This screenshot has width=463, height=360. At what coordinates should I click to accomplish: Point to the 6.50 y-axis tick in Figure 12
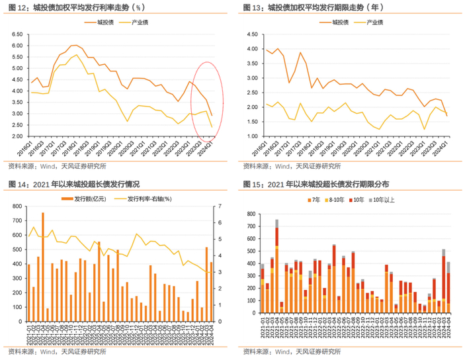[17, 34]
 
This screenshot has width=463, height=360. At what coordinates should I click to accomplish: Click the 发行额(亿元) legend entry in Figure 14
[90, 198]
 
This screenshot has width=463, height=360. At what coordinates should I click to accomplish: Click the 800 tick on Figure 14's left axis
[15, 208]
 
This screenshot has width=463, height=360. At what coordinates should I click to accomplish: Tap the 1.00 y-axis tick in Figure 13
[249, 136]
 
